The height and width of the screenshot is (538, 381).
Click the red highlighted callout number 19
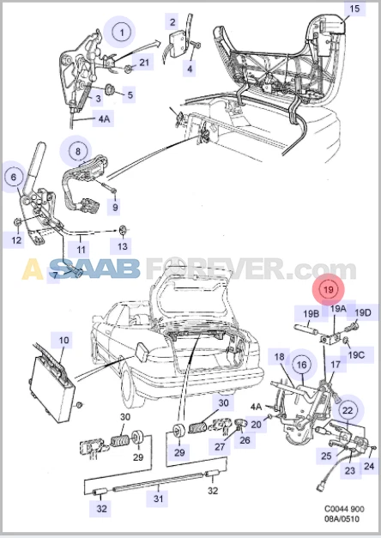click(x=329, y=289)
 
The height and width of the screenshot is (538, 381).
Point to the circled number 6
click(x=13, y=178)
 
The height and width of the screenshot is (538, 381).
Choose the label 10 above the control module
click(x=63, y=342)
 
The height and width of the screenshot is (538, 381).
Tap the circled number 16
click(x=301, y=366)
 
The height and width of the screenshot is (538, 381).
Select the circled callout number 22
click(x=347, y=410)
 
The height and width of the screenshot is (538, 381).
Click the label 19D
click(x=362, y=312)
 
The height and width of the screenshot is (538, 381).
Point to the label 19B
click(x=311, y=313)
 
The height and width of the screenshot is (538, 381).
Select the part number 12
click(x=17, y=241)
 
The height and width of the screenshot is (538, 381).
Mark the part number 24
click(x=370, y=467)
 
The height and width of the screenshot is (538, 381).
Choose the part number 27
click(x=220, y=446)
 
